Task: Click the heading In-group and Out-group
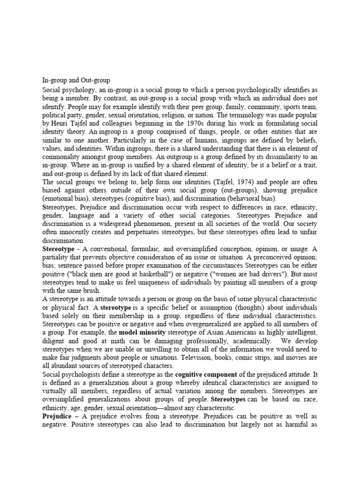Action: [x=76, y=80]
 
